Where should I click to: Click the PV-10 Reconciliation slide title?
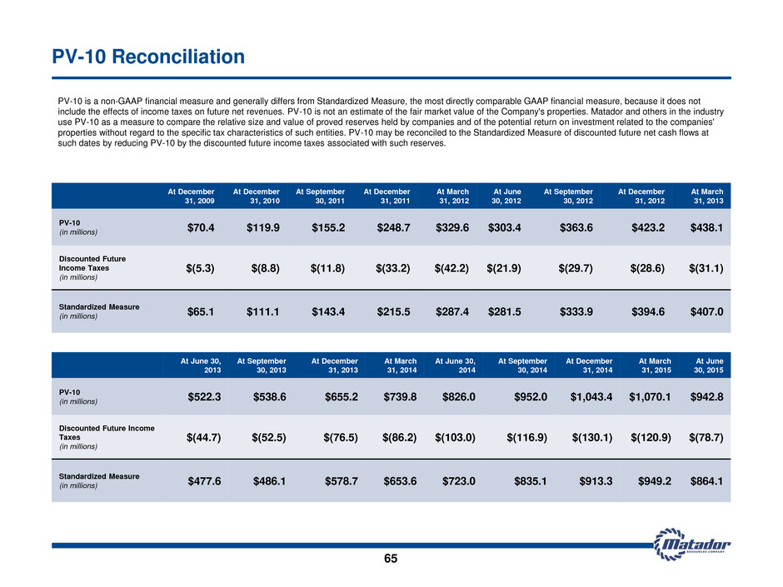(x=148, y=57)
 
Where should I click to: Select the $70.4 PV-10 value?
(x=201, y=227)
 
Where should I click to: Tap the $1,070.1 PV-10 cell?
(x=650, y=397)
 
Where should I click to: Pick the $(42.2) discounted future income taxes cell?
(x=451, y=268)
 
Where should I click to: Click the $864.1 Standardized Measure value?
(x=706, y=481)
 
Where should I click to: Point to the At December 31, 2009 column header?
(x=192, y=196)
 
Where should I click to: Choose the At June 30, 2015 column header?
(x=709, y=366)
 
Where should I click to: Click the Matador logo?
(x=692, y=544)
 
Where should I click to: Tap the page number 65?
(x=391, y=559)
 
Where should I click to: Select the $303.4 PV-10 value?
(x=504, y=227)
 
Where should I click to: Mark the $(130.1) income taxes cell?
(x=592, y=438)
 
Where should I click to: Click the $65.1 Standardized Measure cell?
(x=201, y=312)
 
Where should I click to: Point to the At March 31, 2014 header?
(x=401, y=366)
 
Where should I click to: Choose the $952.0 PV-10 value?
(x=531, y=397)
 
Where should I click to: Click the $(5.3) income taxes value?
(x=200, y=268)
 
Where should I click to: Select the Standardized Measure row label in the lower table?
(x=99, y=480)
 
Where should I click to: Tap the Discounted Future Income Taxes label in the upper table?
(x=92, y=268)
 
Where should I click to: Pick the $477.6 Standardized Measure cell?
(x=204, y=481)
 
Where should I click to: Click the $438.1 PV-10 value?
(x=706, y=227)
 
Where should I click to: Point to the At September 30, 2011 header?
(x=320, y=196)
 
